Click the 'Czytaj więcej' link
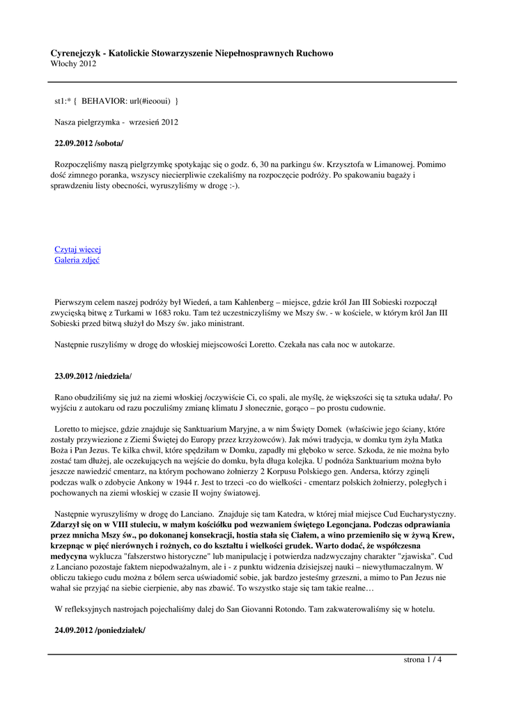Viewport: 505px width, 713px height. click(78, 249)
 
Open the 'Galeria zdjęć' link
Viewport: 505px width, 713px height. click(77, 260)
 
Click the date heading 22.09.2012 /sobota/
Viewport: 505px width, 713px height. click(89, 143)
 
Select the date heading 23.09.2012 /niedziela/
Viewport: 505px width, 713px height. click(93, 376)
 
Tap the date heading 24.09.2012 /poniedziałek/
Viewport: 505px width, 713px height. click(100, 629)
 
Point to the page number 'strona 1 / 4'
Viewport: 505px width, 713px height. click(423, 660)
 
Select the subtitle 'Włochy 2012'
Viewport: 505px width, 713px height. click(73, 64)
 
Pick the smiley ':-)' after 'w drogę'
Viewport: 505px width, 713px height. click(231, 186)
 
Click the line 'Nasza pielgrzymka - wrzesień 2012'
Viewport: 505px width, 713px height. click(116, 123)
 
